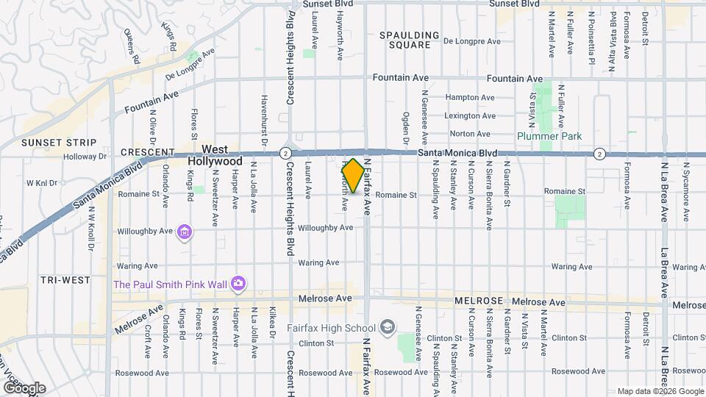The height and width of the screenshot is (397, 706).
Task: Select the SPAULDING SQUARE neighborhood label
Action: click(x=410, y=40)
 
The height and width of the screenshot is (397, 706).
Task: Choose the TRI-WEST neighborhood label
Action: click(x=66, y=280)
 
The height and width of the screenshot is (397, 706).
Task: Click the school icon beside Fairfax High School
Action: click(x=388, y=327)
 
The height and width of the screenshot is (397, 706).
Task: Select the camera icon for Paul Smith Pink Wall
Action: click(x=238, y=283)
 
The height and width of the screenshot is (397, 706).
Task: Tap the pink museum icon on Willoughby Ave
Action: click(x=185, y=233)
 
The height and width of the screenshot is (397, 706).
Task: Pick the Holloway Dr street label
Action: click(x=85, y=157)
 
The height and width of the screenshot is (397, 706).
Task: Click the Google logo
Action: click(x=24, y=388)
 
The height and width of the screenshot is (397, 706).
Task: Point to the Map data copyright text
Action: click(x=659, y=391)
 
